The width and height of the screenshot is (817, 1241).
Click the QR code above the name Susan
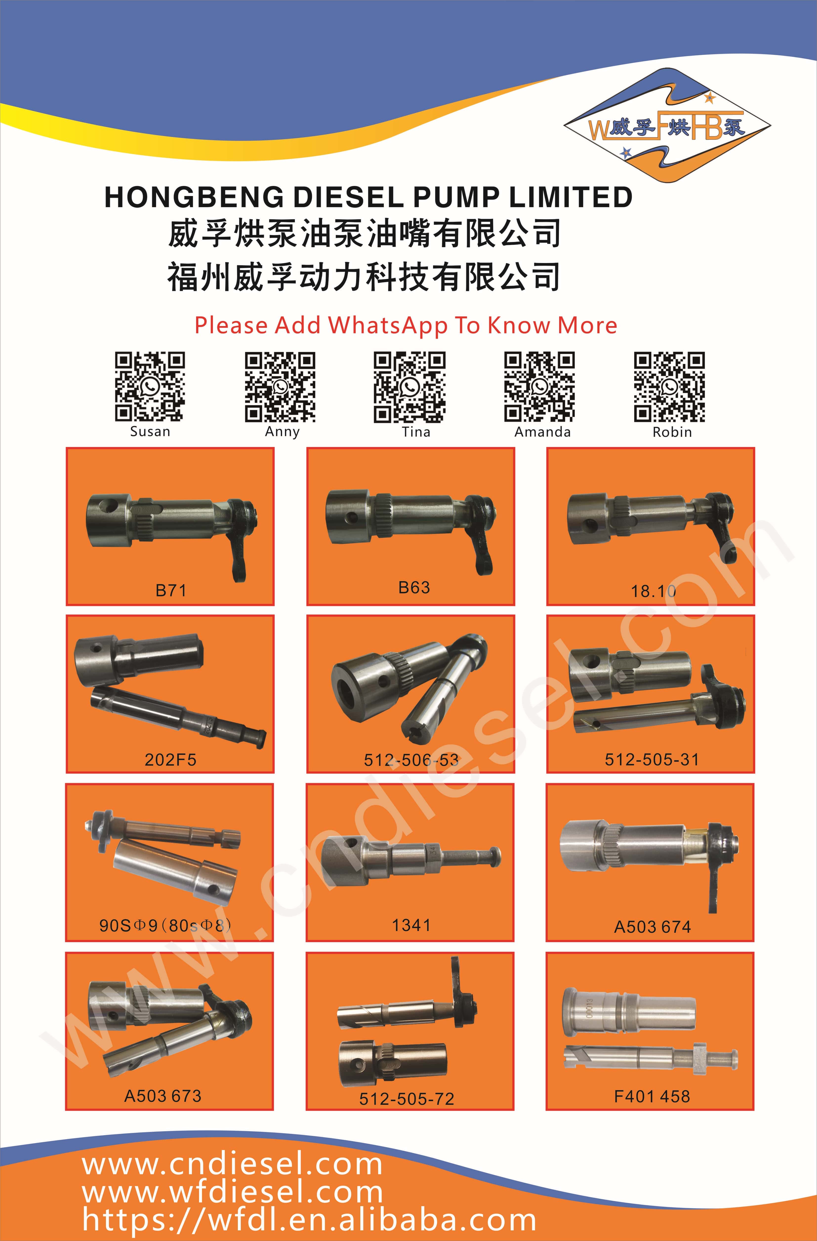coord(150,386)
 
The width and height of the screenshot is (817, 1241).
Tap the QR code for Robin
coord(670,386)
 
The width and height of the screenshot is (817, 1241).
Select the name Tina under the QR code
coord(416,432)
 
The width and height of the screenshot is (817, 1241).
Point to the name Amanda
coord(542,432)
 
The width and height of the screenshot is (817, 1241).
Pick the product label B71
coord(171,590)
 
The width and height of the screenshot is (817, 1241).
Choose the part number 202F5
coord(170,759)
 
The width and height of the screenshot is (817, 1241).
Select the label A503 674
coord(652,927)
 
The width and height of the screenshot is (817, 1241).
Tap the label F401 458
coord(652,1096)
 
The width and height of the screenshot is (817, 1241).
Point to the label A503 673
coord(163,1096)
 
